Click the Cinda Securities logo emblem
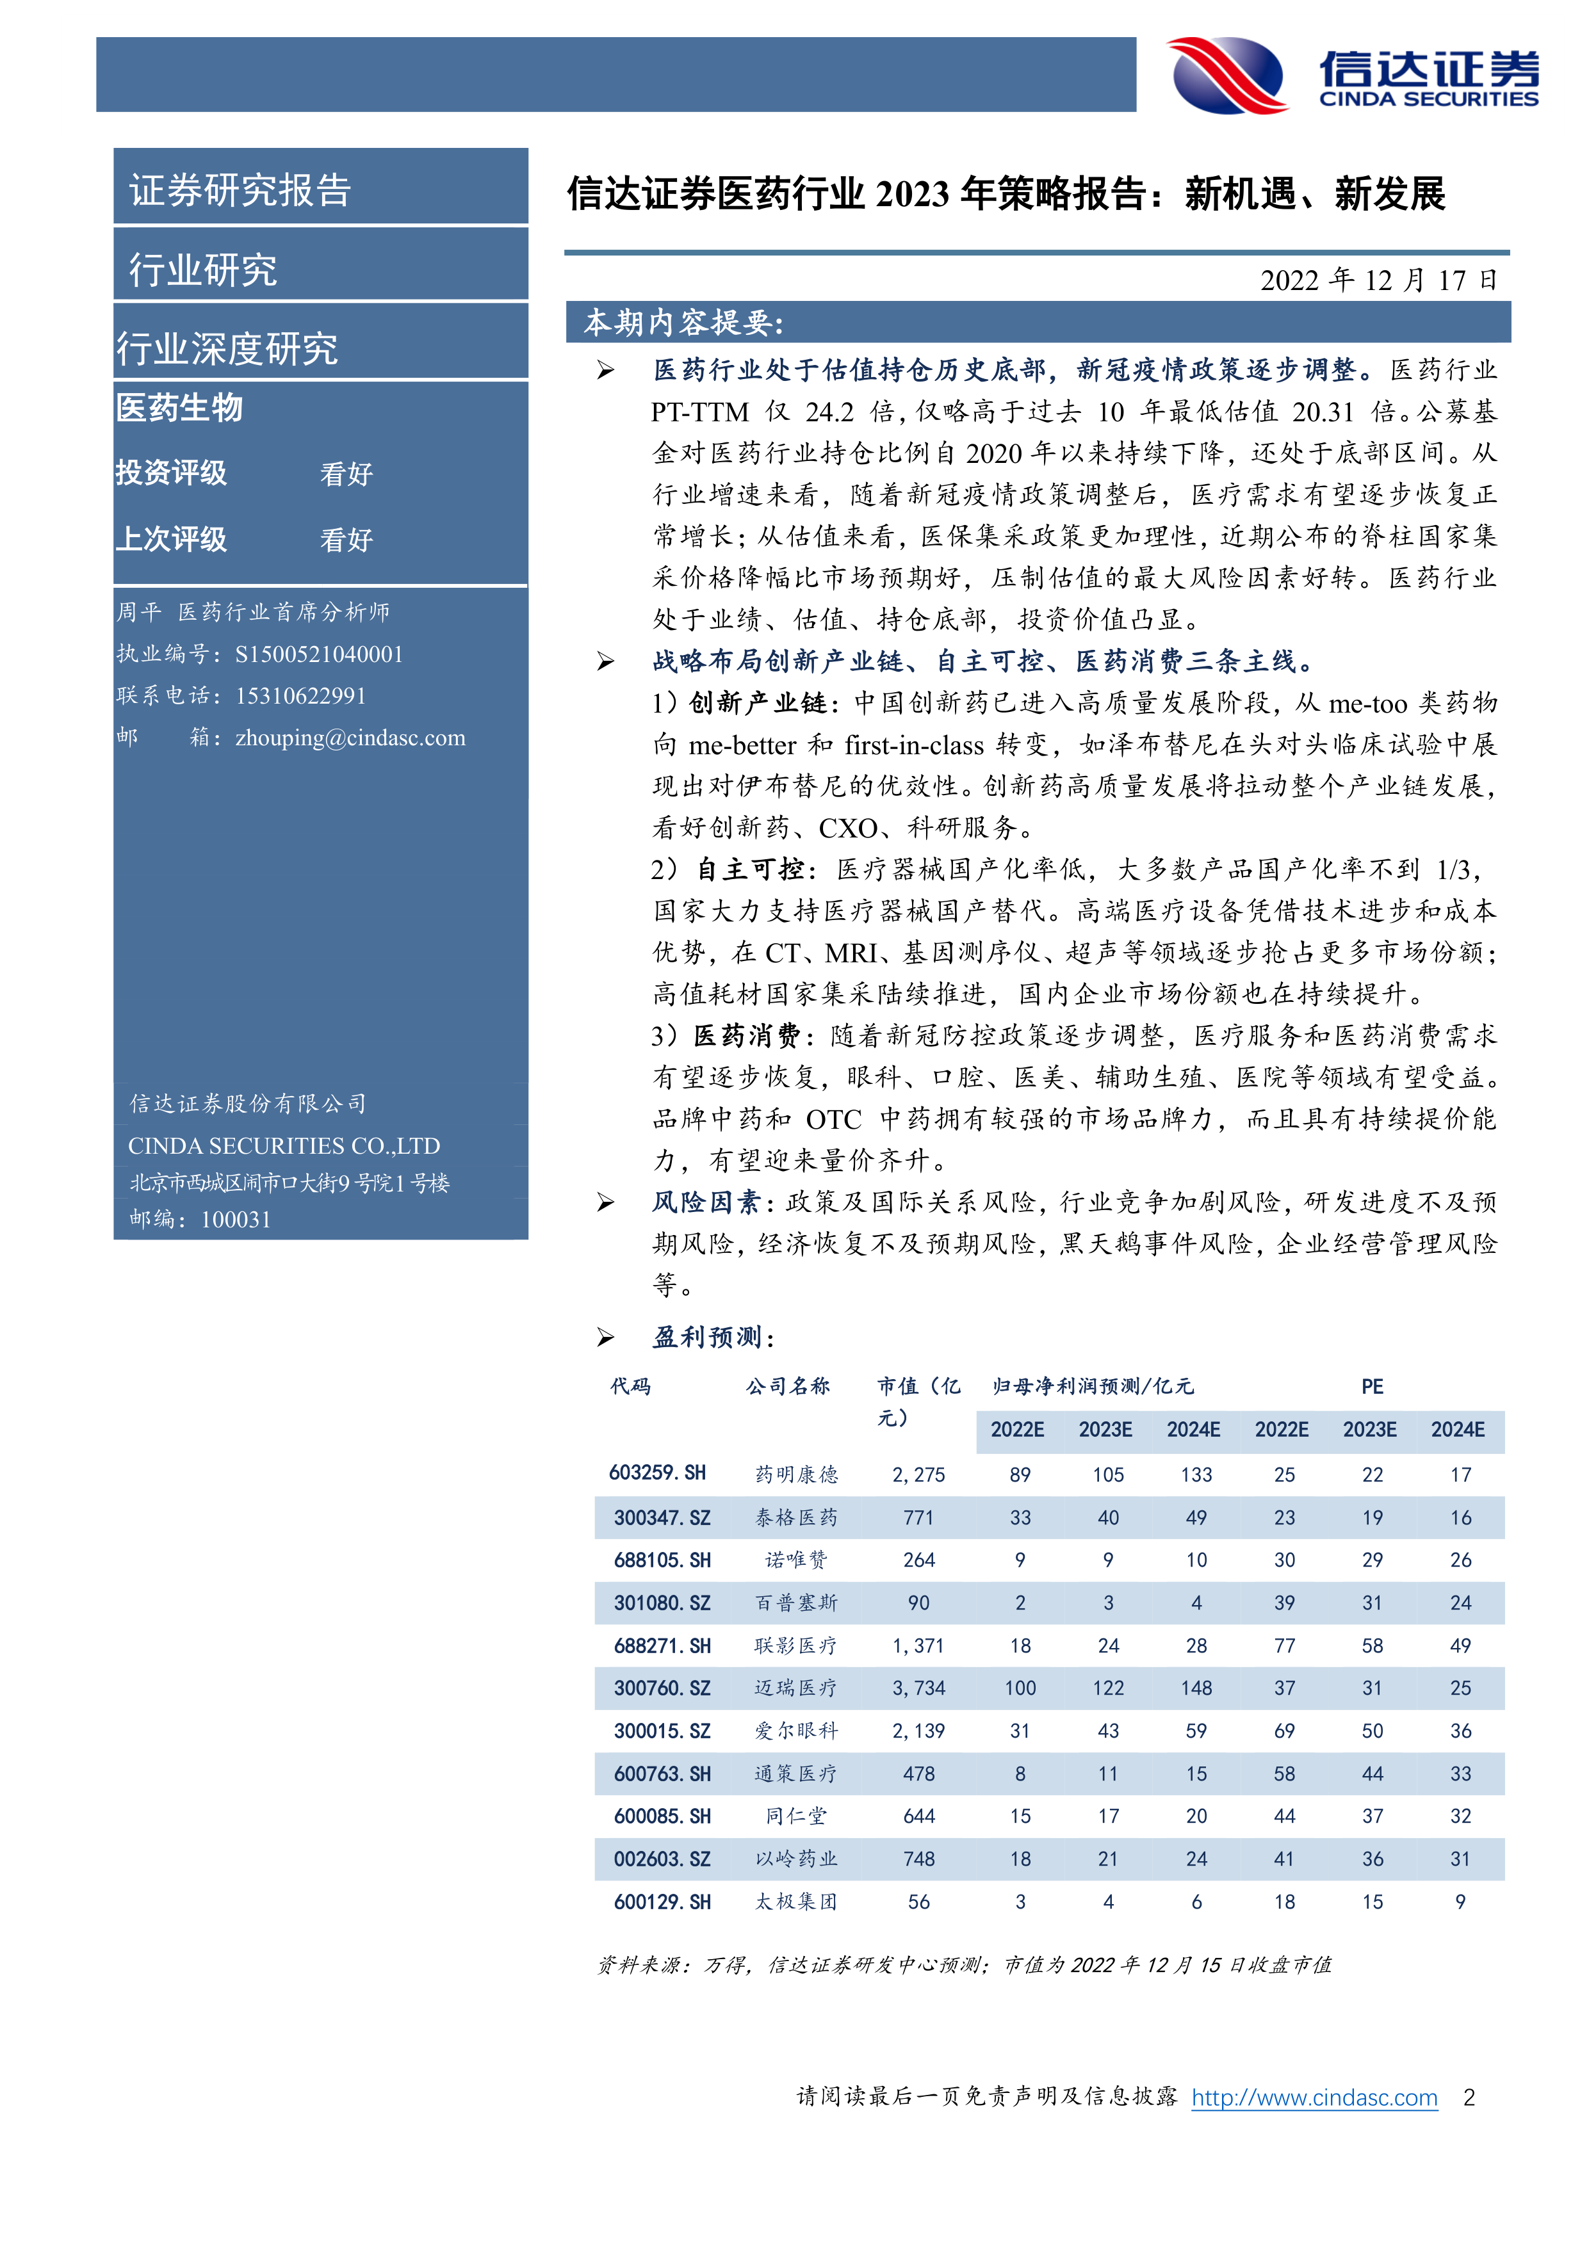pyautogui.click(x=1228, y=76)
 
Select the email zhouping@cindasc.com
pyautogui.click(x=350, y=738)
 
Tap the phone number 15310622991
pyautogui.click(x=300, y=695)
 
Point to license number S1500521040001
pyautogui.click(x=319, y=654)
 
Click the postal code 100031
pyautogui.click(x=235, y=1219)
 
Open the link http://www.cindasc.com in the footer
pyautogui.click(x=1314, y=2096)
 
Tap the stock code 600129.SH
pyautogui.click(x=662, y=1902)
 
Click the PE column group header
pyautogui.click(x=1372, y=1386)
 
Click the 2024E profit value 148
pyautogui.click(x=1196, y=1688)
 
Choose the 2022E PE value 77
pyautogui.click(x=1283, y=1645)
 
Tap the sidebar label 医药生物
pyautogui.click(x=179, y=408)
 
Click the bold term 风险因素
pyautogui.click(x=705, y=1202)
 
